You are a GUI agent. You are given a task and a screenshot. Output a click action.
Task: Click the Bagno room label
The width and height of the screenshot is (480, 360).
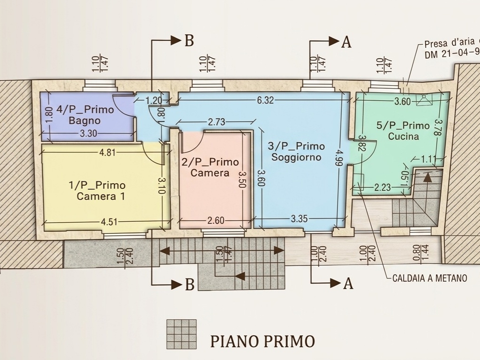coord(84,115)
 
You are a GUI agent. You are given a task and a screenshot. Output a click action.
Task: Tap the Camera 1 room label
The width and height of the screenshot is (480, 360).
coord(97,190)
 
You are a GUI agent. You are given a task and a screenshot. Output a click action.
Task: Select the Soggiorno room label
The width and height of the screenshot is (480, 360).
coord(296,151)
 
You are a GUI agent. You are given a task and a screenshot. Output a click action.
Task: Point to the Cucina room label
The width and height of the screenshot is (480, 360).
coord(403,131)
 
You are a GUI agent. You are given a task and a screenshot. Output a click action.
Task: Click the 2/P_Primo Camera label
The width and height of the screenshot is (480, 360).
coord(210,167)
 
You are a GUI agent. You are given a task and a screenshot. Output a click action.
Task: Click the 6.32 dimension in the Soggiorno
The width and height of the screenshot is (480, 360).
coord(265,100)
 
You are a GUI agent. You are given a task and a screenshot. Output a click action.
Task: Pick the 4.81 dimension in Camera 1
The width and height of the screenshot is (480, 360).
coord(107,152)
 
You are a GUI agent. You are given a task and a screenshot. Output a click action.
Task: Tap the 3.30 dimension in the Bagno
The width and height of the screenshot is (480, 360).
coord(88,134)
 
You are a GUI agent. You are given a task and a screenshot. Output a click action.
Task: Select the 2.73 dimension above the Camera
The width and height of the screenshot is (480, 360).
coord(217,122)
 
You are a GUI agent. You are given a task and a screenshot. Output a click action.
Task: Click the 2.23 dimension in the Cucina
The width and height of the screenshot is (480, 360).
coord(382,187)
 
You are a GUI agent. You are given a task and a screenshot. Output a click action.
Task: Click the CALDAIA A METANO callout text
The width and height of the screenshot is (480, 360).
coord(430,278)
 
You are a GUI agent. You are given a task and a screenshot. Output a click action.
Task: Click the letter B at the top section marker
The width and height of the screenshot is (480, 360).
coord(189,40)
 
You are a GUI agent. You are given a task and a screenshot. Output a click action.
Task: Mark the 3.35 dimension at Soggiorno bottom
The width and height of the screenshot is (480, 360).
coord(299,218)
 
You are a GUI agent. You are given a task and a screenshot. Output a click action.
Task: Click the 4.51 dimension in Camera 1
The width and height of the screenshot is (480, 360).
coord(109,221)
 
